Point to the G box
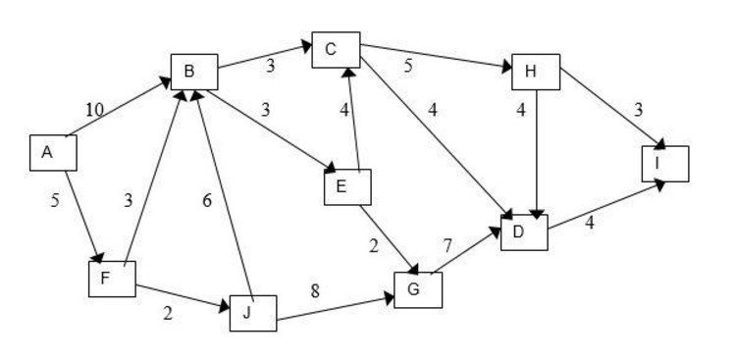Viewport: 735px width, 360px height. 417,288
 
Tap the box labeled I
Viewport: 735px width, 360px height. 664,164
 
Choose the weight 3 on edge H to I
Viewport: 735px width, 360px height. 638,110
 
